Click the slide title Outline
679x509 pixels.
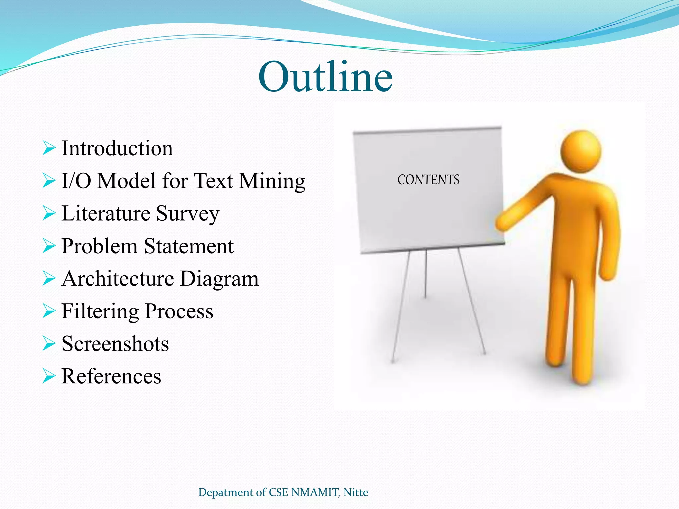325,78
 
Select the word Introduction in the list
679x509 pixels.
117,148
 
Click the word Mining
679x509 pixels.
272,181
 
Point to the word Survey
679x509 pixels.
188,213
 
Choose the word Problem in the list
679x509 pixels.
99,246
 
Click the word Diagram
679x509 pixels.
219,278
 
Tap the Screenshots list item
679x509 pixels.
115,344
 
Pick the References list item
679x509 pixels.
111,376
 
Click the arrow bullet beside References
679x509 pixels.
49,376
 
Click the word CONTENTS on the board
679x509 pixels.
428,180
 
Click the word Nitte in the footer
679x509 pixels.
356,492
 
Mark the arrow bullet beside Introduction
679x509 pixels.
49,148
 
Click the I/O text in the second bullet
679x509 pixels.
76,181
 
